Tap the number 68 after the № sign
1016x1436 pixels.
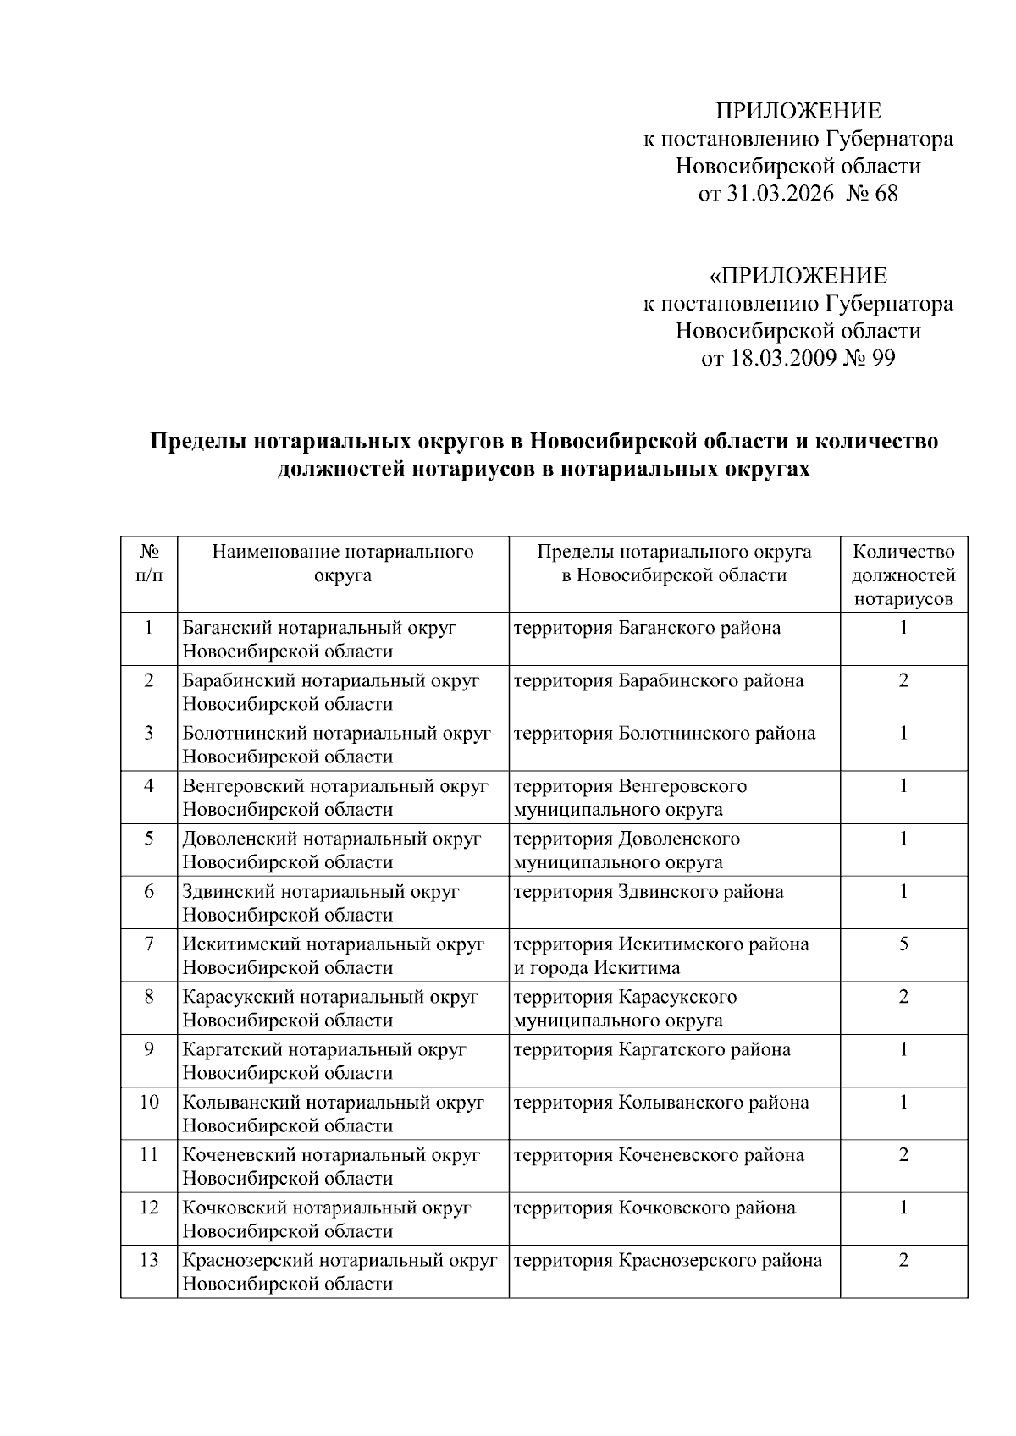886,194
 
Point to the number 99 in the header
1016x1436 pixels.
882,358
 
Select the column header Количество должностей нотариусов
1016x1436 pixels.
903,575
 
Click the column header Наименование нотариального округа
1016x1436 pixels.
343,564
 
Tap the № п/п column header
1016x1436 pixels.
149,564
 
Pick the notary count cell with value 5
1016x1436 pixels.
903,944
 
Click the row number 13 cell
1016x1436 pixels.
149,1260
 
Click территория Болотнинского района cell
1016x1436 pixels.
665,734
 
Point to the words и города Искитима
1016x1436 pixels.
597,968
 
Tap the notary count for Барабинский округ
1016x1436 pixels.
903,681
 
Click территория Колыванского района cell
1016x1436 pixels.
661,1103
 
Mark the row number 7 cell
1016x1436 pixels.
149,944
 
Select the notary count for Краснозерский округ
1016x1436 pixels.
903,1260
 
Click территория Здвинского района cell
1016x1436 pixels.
649,892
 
